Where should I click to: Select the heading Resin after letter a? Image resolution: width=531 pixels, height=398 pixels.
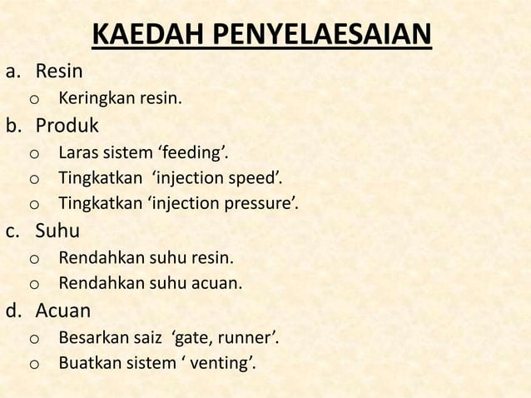57,73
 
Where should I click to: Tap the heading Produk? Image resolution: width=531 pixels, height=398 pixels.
65,126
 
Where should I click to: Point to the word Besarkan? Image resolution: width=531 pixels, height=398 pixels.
89,339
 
